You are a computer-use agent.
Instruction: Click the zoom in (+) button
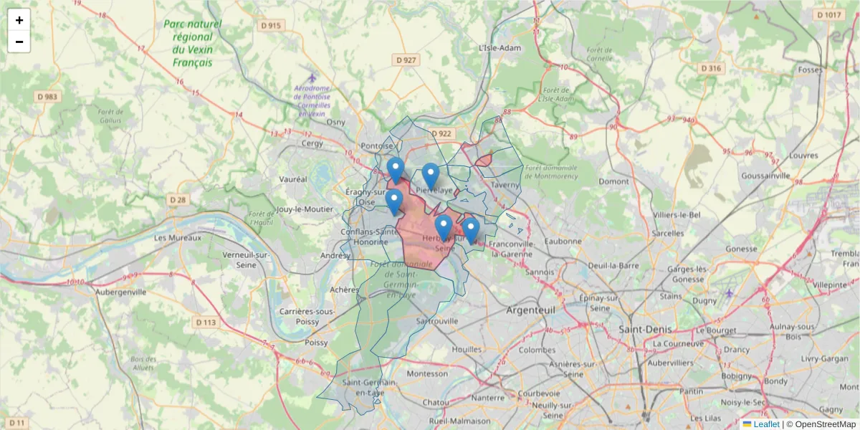point(19,20)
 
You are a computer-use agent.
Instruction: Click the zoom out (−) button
point(19,42)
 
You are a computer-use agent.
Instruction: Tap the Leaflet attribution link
point(766,424)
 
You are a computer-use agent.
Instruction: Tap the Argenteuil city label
point(530,310)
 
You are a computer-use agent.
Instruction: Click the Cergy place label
point(312,143)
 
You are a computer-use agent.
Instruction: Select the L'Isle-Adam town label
point(500,48)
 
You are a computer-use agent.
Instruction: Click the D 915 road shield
point(272,25)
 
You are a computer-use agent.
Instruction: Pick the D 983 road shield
point(49,96)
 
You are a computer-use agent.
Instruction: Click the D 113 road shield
point(206,322)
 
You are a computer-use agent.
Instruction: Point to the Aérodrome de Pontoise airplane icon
point(311,77)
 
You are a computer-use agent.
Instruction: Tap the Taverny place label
point(505,184)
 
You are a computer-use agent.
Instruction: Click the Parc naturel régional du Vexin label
point(192,43)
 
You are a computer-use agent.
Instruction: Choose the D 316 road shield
point(710,68)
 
